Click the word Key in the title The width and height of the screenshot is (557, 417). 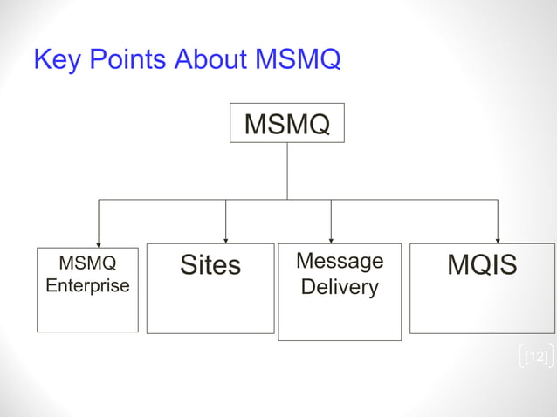click(53, 60)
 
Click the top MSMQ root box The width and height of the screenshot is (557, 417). click(286, 124)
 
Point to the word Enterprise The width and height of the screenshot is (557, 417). click(87, 285)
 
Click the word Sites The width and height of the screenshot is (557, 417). click(210, 264)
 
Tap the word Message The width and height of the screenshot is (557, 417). click(340, 261)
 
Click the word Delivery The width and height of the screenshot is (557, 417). click(340, 286)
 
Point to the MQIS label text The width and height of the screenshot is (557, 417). click(482, 264)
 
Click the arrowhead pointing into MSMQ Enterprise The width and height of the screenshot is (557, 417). click(98, 244)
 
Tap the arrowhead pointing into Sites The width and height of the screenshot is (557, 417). click(225, 240)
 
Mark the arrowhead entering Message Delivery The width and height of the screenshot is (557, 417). click(331, 239)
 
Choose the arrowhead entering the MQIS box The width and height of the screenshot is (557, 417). click(498, 239)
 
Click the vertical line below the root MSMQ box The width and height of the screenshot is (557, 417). click(286, 171)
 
